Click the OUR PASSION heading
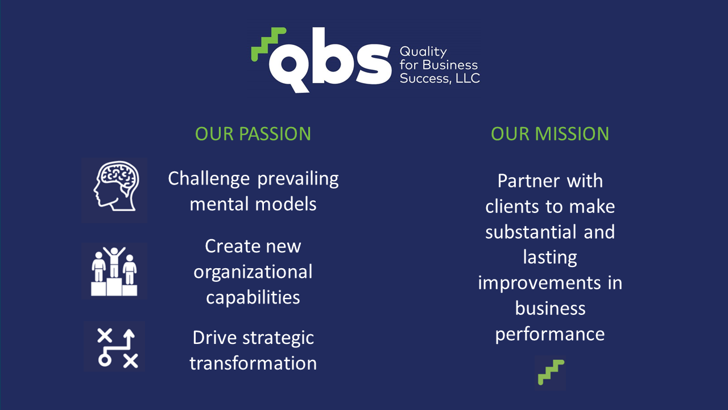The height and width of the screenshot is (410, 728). click(253, 134)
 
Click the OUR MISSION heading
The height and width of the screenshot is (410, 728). click(550, 134)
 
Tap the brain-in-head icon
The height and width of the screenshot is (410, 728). click(116, 186)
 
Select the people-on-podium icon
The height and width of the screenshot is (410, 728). click(114, 272)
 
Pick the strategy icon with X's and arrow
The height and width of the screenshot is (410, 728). click(118, 348)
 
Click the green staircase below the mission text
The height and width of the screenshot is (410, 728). click(551, 372)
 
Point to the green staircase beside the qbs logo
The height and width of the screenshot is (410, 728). click(268, 44)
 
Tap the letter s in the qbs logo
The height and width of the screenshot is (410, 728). click(374, 64)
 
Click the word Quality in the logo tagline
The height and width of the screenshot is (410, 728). click(423, 52)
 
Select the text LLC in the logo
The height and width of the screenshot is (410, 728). click(468, 78)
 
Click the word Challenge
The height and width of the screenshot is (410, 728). click(209, 179)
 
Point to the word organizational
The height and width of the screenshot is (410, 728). click(253, 273)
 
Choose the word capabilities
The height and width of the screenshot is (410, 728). click(253, 298)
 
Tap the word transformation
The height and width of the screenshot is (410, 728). click(253, 363)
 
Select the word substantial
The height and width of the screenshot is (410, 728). click(531, 232)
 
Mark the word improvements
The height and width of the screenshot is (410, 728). click(539, 284)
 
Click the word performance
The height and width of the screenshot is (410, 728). click(550, 335)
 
